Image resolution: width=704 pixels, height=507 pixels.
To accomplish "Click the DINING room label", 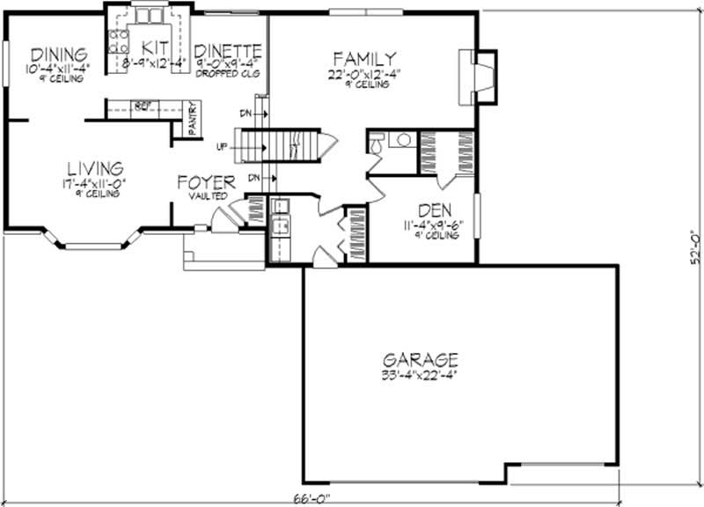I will tap(56, 53).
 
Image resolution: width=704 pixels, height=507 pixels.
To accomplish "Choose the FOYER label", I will tap(206, 183).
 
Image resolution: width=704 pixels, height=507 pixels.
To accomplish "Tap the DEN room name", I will tap(436, 210).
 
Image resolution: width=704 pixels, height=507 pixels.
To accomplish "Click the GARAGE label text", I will tap(420, 359).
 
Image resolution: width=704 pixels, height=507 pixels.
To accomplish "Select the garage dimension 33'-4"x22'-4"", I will tap(420, 374).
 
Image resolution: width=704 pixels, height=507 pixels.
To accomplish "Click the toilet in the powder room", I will tap(377, 142).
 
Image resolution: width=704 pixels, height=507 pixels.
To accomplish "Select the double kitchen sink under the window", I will tap(148, 15).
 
